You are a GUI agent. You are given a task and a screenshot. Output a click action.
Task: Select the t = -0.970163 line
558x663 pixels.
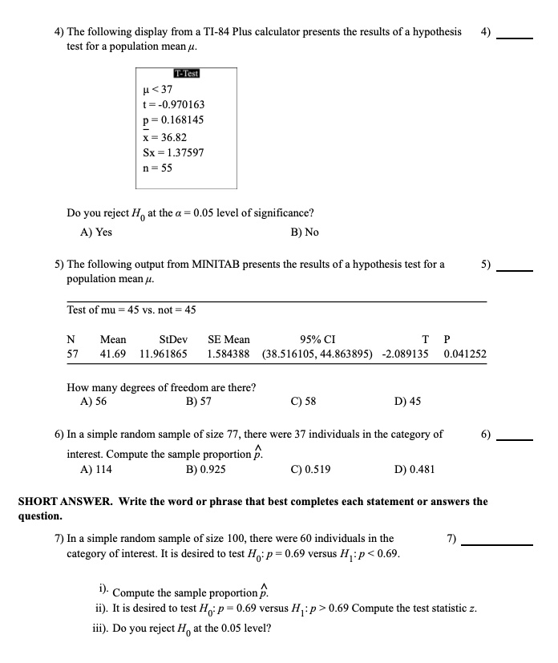(172, 104)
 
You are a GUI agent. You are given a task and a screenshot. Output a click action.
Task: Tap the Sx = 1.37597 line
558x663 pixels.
(172, 152)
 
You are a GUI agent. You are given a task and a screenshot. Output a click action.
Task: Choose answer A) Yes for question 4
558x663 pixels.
(96, 232)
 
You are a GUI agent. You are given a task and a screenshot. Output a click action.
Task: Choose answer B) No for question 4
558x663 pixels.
(301, 232)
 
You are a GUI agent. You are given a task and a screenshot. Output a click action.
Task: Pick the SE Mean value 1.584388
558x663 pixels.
(228, 353)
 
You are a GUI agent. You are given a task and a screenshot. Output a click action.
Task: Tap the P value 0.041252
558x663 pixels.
(464, 353)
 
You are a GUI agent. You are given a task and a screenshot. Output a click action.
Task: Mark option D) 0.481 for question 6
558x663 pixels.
(415, 470)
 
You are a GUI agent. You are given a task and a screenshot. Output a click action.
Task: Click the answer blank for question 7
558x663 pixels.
(497, 544)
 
